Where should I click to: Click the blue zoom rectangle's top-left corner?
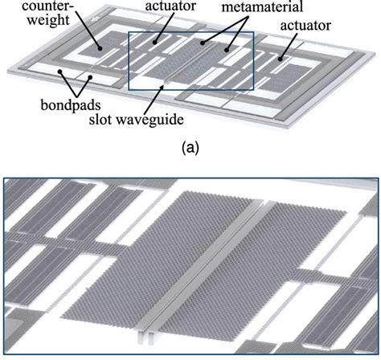[x=129, y=33]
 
